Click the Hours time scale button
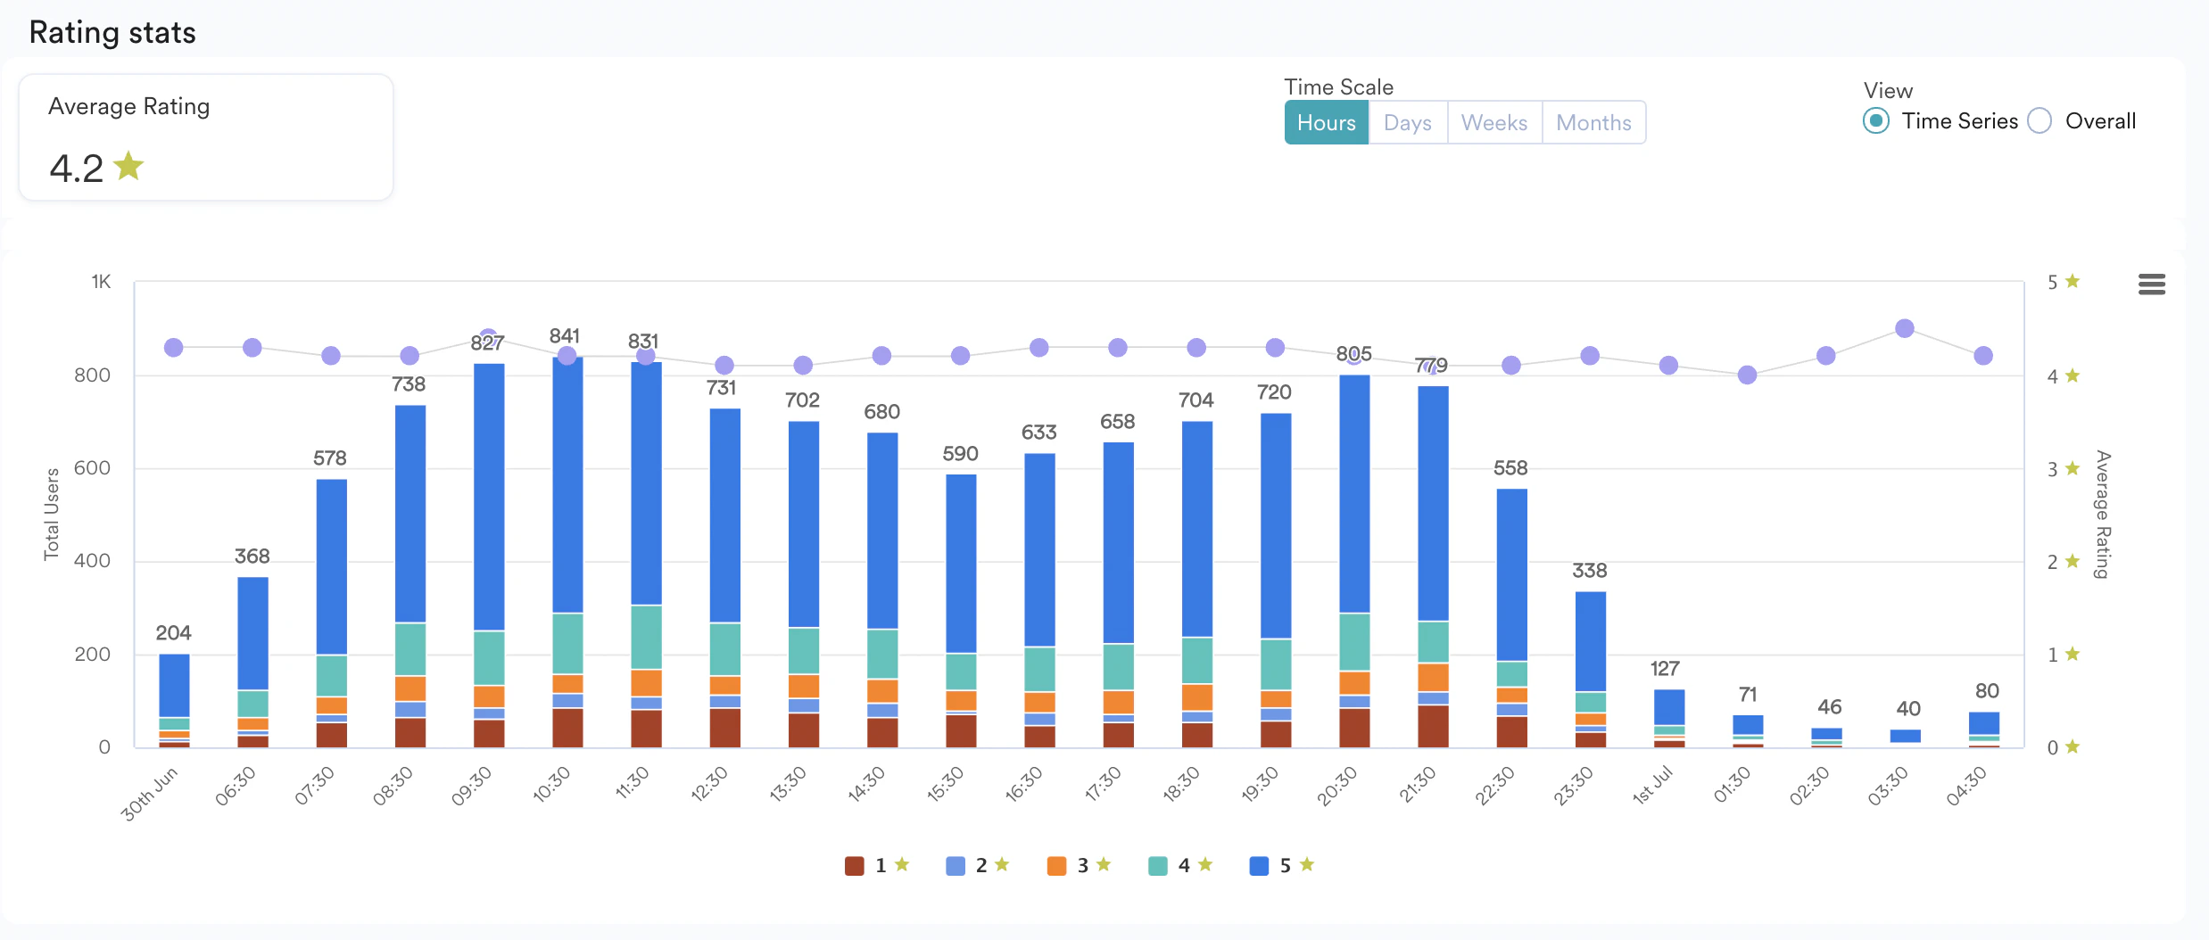pos(1326,123)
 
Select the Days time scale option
pos(1407,123)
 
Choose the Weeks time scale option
pos(1493,123)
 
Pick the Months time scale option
pos(1593,123)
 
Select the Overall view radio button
pos(2039,120)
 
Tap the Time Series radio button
pos(1876,120)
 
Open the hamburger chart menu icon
pos(2152,284)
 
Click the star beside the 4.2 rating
pos(129,166)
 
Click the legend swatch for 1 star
pos(855,865)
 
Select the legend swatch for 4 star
pos(1158,865)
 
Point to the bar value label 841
pos(565,336)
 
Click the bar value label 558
pos(1510,468)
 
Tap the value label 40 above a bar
pos(1907,709)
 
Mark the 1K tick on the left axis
pos(101,282)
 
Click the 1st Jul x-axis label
pos(1652,786)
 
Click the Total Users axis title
pos(52,515)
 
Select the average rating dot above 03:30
pos(1905,328)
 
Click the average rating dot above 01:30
pos(1747,375)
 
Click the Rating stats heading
pos(112,33)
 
